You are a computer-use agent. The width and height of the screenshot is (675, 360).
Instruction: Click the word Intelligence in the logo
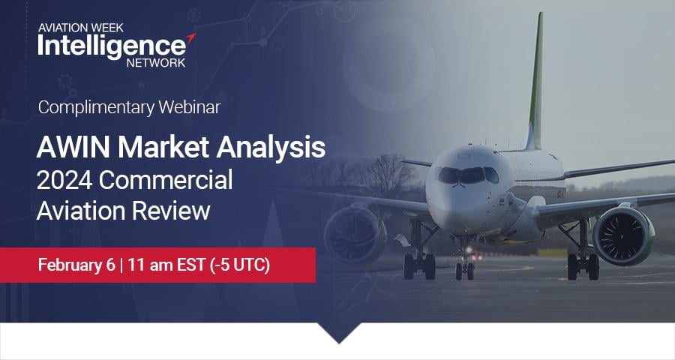click(x=112, y=46)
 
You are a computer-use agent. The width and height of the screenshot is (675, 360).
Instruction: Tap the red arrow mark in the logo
click(x=191, y=38)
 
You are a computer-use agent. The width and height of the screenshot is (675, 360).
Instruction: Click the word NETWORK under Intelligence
click(x=156, y=62)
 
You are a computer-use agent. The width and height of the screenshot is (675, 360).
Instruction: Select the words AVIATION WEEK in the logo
click(x=80, y=28)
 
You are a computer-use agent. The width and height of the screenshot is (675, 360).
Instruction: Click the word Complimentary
click(x=97, y=108)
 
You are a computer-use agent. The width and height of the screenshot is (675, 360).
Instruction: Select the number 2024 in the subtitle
click(x=64, y=179)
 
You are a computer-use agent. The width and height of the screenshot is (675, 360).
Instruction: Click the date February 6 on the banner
click(x=76, y=265)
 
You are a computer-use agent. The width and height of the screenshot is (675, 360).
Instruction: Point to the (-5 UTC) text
click(x=240, y=265)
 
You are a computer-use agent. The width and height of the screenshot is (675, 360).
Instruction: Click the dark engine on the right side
click(x=623, y=235)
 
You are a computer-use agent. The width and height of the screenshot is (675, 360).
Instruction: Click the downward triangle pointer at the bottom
click(x=339, y=332)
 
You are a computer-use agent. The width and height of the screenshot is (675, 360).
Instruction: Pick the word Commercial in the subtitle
click(x=166, y=179)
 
